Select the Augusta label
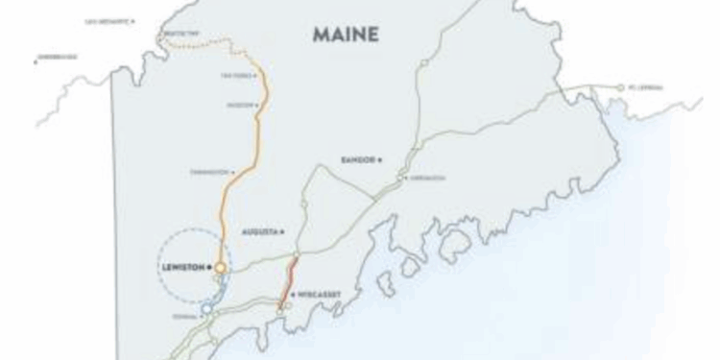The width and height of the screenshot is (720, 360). click(256, 231)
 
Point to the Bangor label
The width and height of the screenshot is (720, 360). click(358, 158)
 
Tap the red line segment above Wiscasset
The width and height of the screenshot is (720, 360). click(292, 273)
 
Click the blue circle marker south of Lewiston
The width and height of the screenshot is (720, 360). click(207, 309)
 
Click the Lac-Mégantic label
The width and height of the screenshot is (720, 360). click(107, 20)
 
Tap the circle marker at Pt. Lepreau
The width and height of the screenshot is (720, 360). click(622, 87)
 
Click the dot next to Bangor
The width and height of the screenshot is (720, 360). click(380, 158)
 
